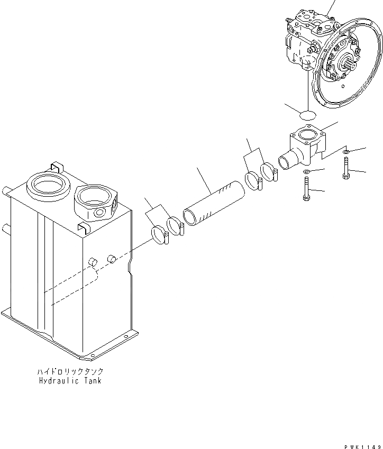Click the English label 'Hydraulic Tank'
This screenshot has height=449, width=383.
coord(70,381)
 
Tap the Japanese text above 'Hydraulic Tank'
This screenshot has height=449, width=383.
coord(70,372)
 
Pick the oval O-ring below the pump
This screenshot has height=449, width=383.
coord(307,114)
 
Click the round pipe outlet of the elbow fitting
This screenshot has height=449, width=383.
coord(284,160)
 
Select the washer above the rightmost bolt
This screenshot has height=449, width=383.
coord(345,153)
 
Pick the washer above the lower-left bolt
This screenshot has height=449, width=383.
coord(306,172)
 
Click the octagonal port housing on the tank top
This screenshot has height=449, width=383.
coord(96,200)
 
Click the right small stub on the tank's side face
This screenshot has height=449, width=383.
coord(112,258)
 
